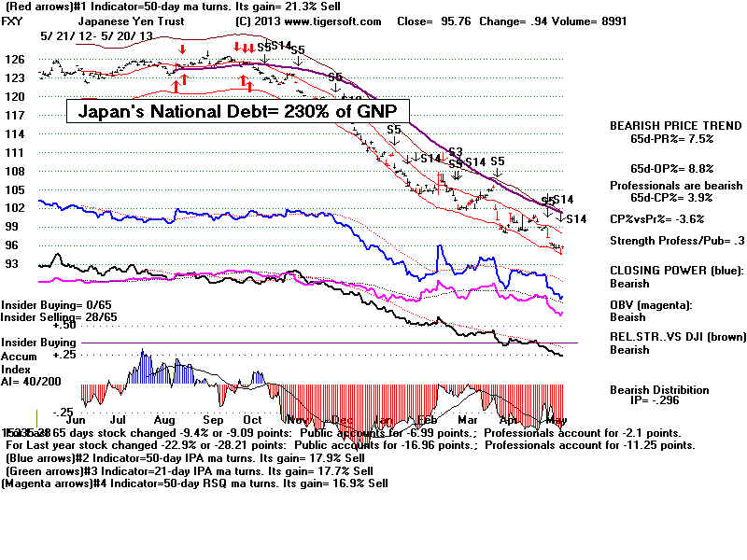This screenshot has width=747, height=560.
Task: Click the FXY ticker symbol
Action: [x=15, y=21]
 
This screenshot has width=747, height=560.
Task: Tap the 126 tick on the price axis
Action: [x=15, y=59]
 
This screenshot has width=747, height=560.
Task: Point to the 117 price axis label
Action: [x=15, y=115]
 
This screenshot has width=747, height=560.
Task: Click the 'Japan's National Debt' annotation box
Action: [x=238, y=112]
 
